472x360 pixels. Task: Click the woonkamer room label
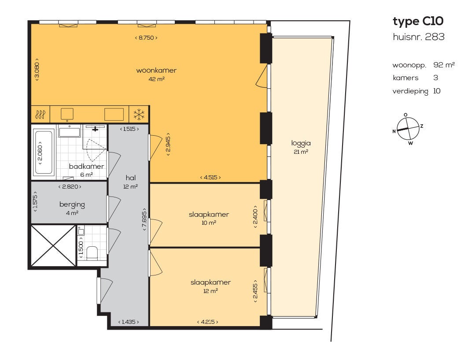[x=156, y=71]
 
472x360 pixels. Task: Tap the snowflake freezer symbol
[x=139, y=115]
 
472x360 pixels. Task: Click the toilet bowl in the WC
[x=92, y=252]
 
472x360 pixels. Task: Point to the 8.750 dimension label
[x=146, y=37]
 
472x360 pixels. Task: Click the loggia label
[x=301, y=143]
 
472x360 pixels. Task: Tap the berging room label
[x=72, y=205]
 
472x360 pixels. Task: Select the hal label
[x=131, y=178]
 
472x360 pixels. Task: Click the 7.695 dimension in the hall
[x=144, y=219]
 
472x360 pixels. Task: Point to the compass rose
[x=408, y=129]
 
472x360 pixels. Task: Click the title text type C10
[x=418, y=22]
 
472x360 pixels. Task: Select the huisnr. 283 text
[x=418, y=37]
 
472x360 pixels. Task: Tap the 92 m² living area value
[x=444, y=65]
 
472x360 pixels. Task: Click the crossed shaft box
[x=53, y=245]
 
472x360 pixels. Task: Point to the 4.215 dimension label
[x=207, y=322]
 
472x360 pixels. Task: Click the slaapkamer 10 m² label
[x=209, y=218]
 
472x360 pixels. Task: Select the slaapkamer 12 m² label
[x=210, y=286]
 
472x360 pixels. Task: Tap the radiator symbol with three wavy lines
[x=41, y=115]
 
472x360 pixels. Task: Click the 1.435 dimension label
[x=129, y=322]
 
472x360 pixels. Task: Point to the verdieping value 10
[x=437, y=91]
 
